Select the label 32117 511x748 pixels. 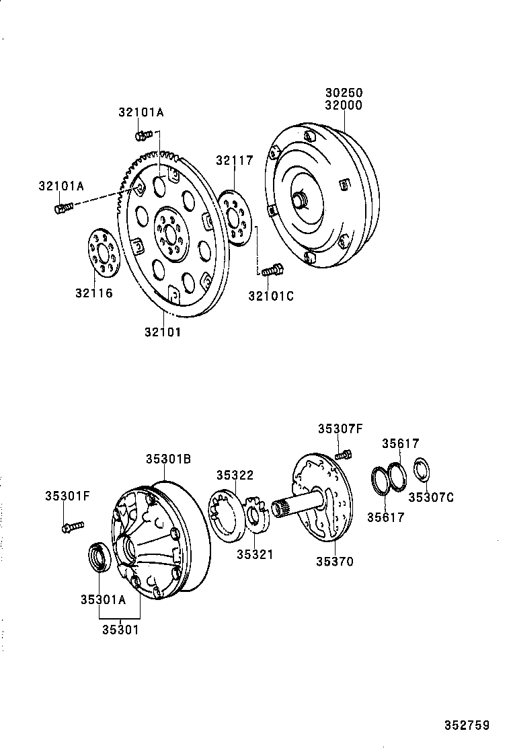(x=234, y=160)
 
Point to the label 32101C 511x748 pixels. (x=271, y=295)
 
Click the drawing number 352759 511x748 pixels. (x=466, y=725)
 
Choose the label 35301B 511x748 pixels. (x=169, y=459)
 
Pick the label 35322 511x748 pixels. (x=235, y=475)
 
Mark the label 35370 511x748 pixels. (x=335, y=561)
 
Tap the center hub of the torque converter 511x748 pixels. (x=299, y=200)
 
